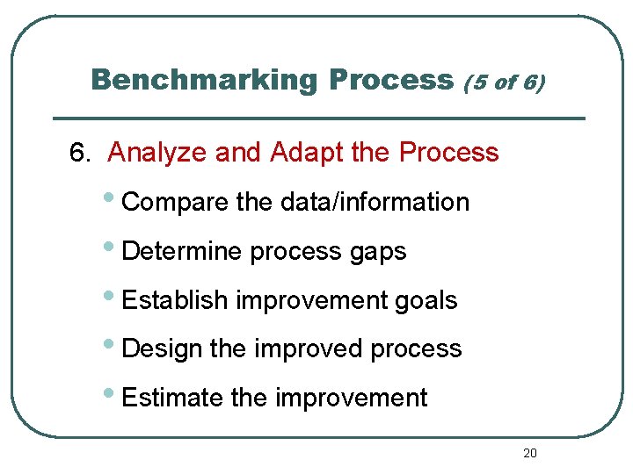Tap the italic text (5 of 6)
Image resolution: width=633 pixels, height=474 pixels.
pos(504,83)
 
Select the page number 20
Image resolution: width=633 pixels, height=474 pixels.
pos(529,453)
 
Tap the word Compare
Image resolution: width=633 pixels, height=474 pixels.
pos(176,203)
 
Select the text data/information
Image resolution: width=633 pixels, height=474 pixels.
pos(375,202)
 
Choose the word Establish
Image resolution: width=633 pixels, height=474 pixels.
pos(176,300)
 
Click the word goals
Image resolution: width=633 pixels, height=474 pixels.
pos(426,300)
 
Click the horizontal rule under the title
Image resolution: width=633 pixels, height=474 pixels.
pos(318,118)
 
